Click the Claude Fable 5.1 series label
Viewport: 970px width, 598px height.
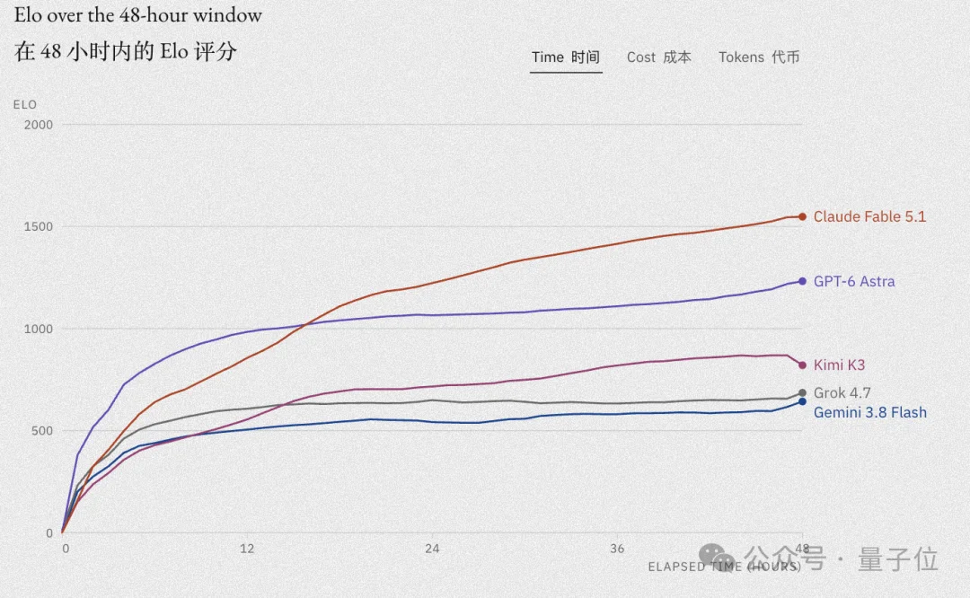click(869, 216)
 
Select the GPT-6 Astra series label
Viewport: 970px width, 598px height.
click(854, 281)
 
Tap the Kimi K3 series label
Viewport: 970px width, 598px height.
click(839, 365)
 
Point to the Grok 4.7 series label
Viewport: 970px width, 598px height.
click(842, 392)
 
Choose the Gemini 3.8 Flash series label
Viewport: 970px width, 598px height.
click(869, 412)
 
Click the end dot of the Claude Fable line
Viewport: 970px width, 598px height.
click(802, 216)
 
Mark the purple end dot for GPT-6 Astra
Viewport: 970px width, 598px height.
click(802, 281)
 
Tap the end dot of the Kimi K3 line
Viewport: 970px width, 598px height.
click(802, 365)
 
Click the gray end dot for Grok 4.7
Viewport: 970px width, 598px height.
click(802, 392)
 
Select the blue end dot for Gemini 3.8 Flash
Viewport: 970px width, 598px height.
click(802, 401)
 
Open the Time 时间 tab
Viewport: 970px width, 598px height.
click(566, 57)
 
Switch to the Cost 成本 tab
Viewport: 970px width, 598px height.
click(659, 57)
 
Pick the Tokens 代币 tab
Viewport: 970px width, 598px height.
click(758, 57)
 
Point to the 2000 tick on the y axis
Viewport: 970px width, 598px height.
click(39, 124)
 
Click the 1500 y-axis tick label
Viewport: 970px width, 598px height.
click(39, 226)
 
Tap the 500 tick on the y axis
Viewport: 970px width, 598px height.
click(42, 430)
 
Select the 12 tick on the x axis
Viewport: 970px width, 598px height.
click(247, 549)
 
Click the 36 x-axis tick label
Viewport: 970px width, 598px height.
click(617, 549)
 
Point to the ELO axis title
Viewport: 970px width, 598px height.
click(25, 104)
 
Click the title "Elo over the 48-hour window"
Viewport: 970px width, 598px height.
click(138, 15)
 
